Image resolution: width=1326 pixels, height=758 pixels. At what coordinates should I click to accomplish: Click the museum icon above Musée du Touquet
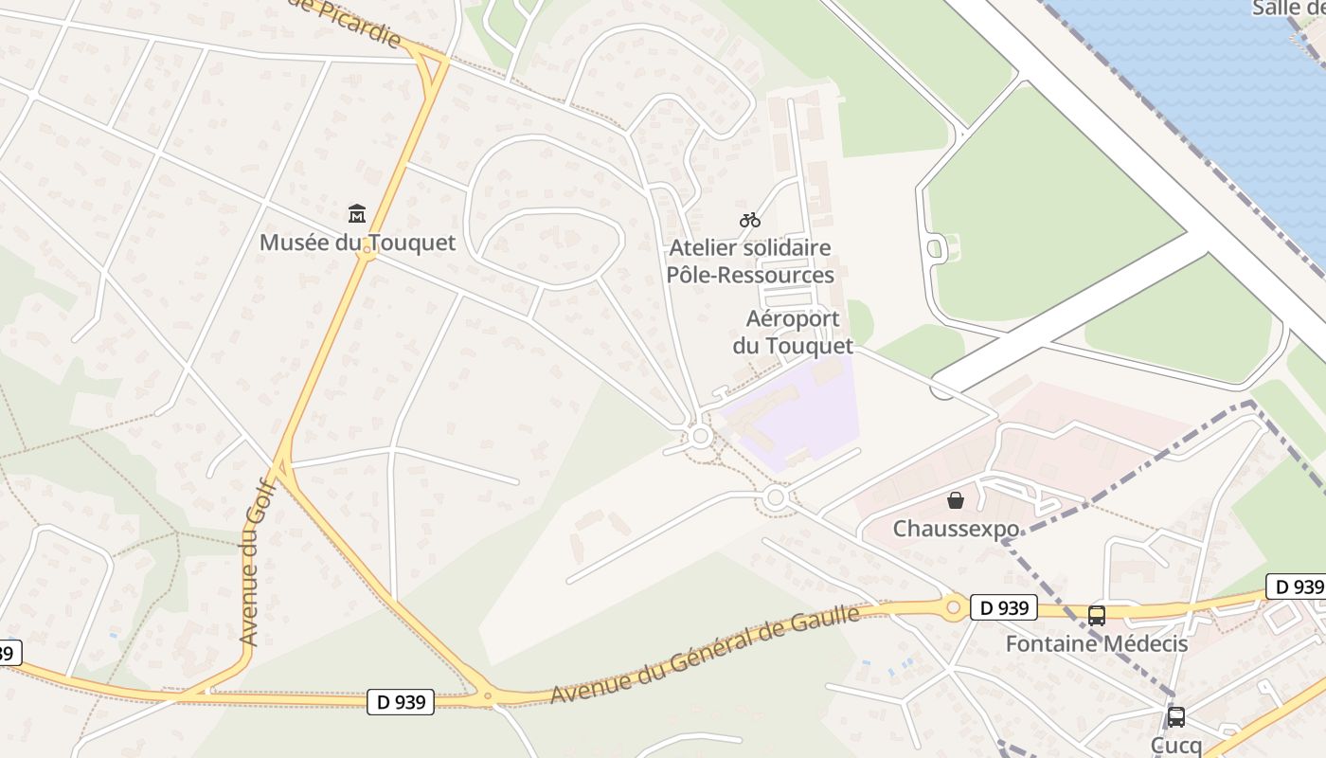(x=357, y=213)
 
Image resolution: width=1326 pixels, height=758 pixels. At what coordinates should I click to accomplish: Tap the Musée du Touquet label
(x=357, y=243)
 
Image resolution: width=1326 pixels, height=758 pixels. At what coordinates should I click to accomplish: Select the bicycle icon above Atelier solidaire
(x=750, y=220)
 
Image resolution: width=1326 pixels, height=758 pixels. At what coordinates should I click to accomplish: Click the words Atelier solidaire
(x=750, y=248)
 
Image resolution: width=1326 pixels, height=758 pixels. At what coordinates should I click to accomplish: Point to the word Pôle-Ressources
(x=750, y=275)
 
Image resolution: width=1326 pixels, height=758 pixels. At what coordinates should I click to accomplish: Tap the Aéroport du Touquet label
(x=793, y=332)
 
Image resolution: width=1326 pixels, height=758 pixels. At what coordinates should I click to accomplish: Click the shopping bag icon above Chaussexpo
(x=956, y=500)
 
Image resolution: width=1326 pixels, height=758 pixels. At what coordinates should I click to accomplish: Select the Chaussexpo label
(x=956, y=529)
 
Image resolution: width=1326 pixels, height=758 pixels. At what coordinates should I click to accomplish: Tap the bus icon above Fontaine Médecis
(x=1097, y=616)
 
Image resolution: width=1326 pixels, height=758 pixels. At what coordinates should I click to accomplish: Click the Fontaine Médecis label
(x=1097, y=643)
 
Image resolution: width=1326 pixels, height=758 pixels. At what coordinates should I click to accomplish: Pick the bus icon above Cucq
(x=1175, y=717)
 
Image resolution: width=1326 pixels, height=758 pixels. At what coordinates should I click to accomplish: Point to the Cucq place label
(x=1175, y=745)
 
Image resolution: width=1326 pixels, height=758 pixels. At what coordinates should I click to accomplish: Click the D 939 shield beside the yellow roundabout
(x=1003, y=607)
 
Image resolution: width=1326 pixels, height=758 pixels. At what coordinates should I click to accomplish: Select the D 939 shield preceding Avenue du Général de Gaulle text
(x=401, y=702)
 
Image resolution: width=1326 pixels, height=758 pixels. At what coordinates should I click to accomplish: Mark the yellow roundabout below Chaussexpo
(x=953, y=607)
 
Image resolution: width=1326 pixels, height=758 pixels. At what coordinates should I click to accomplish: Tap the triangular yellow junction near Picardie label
(x=431, y=64)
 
